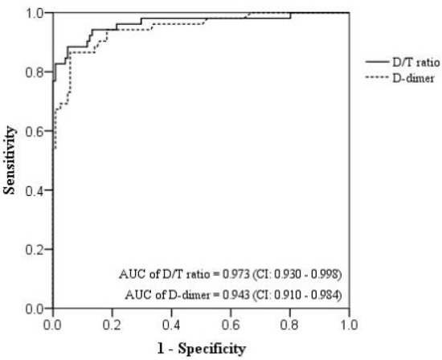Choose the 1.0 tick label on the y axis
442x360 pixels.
(x=36, y=13)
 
